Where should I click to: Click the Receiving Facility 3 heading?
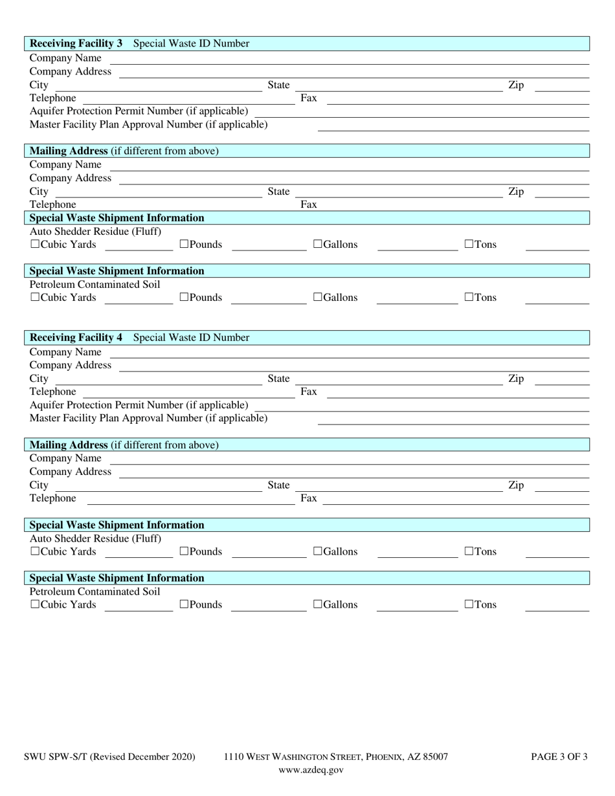(x=76, y=43)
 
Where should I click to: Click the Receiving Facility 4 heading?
(x=76, y=337)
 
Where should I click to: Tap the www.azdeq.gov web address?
(x=311, y=769)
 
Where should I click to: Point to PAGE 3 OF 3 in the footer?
(x=559, y=757)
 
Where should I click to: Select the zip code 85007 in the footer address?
(x=434, y=757)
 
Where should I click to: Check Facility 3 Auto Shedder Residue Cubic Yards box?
(x=35, y=245)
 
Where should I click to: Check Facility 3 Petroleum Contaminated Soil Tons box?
(x=469, y=298)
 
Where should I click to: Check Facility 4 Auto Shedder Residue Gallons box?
(x=318, y=551)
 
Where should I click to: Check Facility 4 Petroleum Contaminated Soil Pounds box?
(x=184, y=604)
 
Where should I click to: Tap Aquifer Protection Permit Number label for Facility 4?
(x=139, y=405)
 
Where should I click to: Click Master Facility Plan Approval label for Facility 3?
(x=148, y=124)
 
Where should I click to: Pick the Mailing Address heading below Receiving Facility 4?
(x=69, y=445)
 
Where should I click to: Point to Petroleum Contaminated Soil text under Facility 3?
(x=95, y=284)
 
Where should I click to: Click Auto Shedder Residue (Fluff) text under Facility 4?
(x=96, y=538)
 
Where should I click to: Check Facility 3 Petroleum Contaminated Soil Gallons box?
(x=318, y=298)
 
